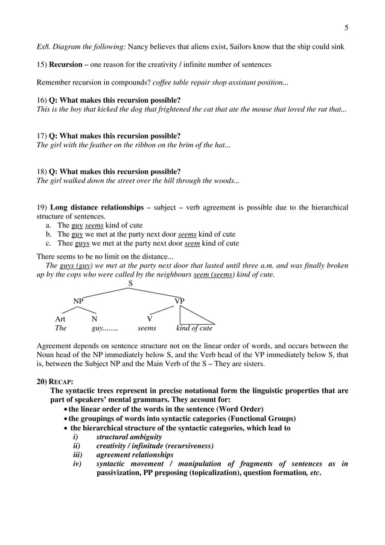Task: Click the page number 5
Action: pyautogui.click(x=346, y=27)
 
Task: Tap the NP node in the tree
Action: pyautogui.click(x=78, y=301)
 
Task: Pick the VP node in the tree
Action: pyautogui.click(x=179, y=301)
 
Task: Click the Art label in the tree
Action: pyautogui.click(x=60, y=319)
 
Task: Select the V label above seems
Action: pyautogui.click(x=150, y=319)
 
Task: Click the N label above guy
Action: pyautogui.click(x=94, y=319)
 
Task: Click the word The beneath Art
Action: pyautogui.click(x=60, y=328)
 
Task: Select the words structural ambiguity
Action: pyautogui.click(x=127, y=436)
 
